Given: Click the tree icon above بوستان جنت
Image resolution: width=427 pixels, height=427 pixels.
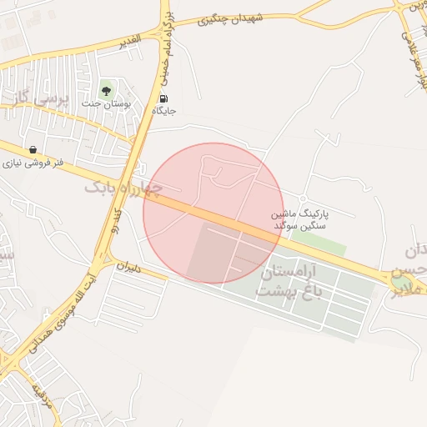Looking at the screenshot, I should pos(107,88).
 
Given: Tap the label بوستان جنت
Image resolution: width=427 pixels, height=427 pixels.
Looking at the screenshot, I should pos(103,103).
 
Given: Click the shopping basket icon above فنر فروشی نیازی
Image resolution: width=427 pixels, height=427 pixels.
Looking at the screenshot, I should pos(33,150).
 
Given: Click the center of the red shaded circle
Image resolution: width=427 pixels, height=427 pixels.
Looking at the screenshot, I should pos(213,213).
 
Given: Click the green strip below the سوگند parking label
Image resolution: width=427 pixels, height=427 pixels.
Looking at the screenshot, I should pos(318,244).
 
